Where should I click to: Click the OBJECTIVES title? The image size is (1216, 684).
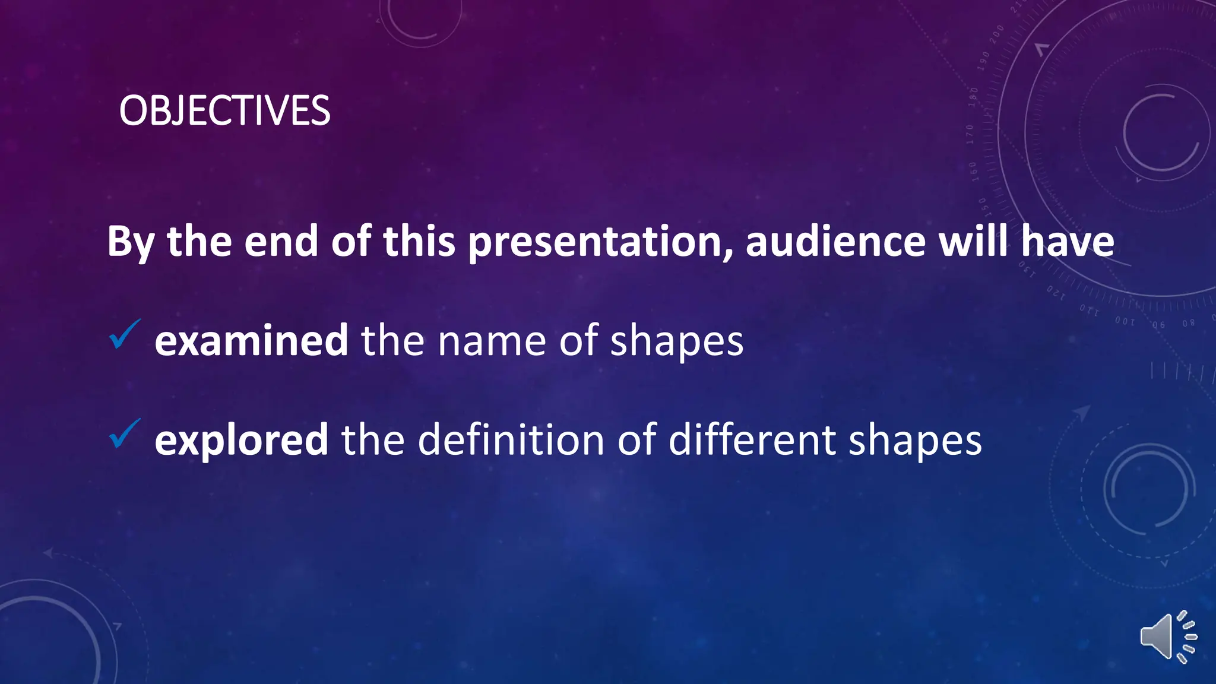point(224,111)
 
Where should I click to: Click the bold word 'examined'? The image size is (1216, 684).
point(251,341)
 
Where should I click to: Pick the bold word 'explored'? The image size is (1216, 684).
point(241,441)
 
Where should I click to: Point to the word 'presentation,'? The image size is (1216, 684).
point(600,242)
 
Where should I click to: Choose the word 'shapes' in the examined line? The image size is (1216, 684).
point(676,342)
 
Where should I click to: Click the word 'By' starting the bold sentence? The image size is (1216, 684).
point(131,242)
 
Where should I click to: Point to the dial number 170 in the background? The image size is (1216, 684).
point(970,135)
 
